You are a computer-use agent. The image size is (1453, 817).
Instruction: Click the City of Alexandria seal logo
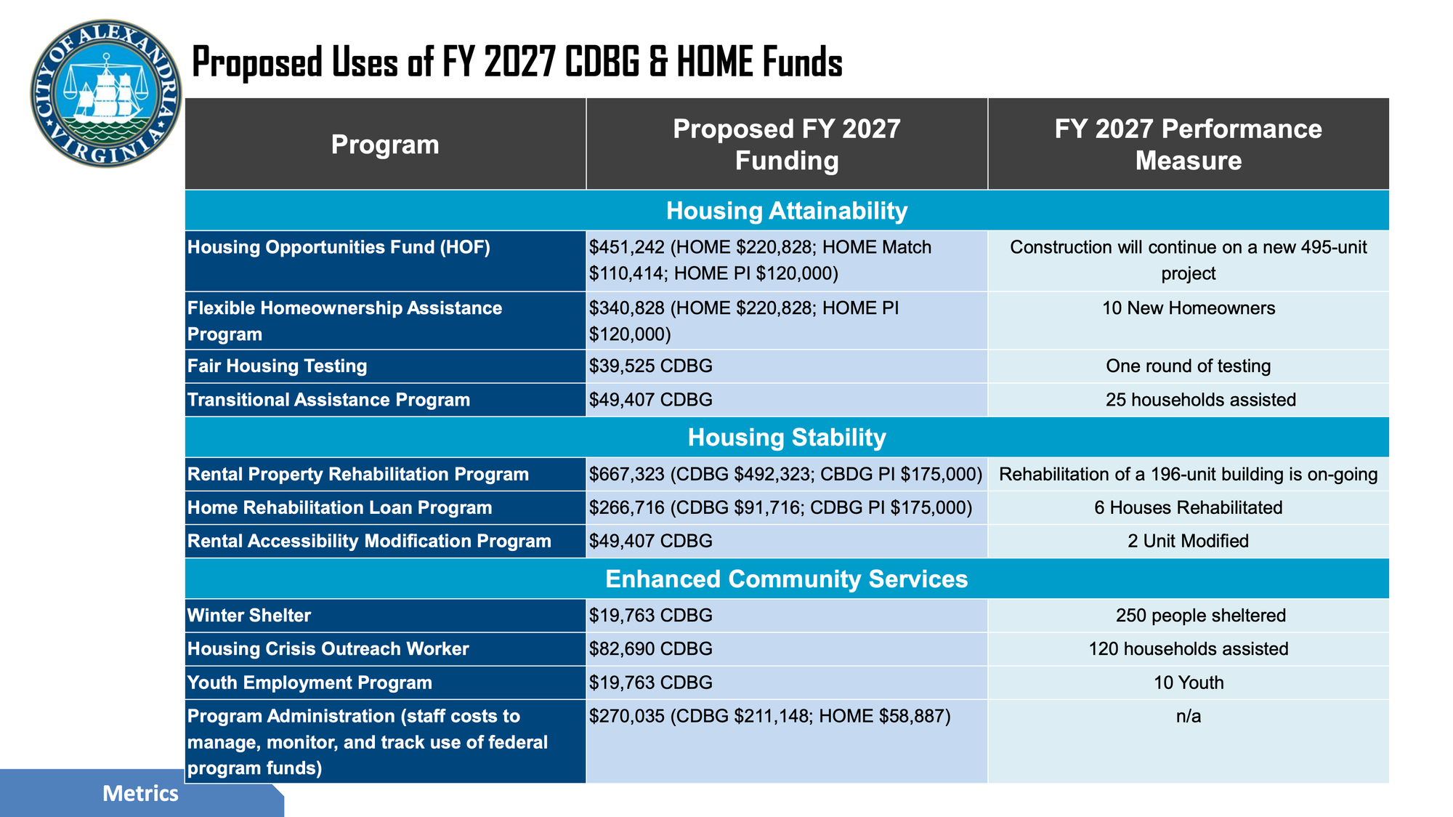point(106,94)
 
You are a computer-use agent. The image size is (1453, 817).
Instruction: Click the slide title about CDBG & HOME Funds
point(517,63)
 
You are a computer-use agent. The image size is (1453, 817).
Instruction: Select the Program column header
point(385,145)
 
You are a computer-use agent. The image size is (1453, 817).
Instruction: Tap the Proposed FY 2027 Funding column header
point(786,145)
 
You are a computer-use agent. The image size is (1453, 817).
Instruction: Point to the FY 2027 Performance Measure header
point(1188,145)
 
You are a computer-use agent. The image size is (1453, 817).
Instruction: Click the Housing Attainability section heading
point(786,211)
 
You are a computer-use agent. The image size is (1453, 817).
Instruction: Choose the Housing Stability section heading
point(786,438)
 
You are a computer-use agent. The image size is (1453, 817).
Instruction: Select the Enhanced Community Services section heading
point(786,579)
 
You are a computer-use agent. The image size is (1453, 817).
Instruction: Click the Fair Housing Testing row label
point(278,366)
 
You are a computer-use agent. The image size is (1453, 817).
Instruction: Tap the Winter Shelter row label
point(249,616)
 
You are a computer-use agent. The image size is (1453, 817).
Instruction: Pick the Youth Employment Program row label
point(309,683)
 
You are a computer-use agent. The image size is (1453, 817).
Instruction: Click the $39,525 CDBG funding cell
point(651,366)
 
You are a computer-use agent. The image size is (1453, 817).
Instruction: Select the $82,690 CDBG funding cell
point(651,649)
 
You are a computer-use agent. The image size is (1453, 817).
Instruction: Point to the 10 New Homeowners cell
point(1188,308)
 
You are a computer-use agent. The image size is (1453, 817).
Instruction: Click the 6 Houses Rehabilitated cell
point(1188,507)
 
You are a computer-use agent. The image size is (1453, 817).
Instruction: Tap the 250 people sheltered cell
point(1200,616)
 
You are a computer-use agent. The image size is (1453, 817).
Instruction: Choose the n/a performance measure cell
point(1188,717)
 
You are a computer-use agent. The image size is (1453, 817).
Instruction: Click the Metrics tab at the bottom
point(140,793)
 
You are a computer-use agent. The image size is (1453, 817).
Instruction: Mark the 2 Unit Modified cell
point(1188,541)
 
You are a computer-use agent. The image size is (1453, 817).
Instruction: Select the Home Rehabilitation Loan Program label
point(340,507)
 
